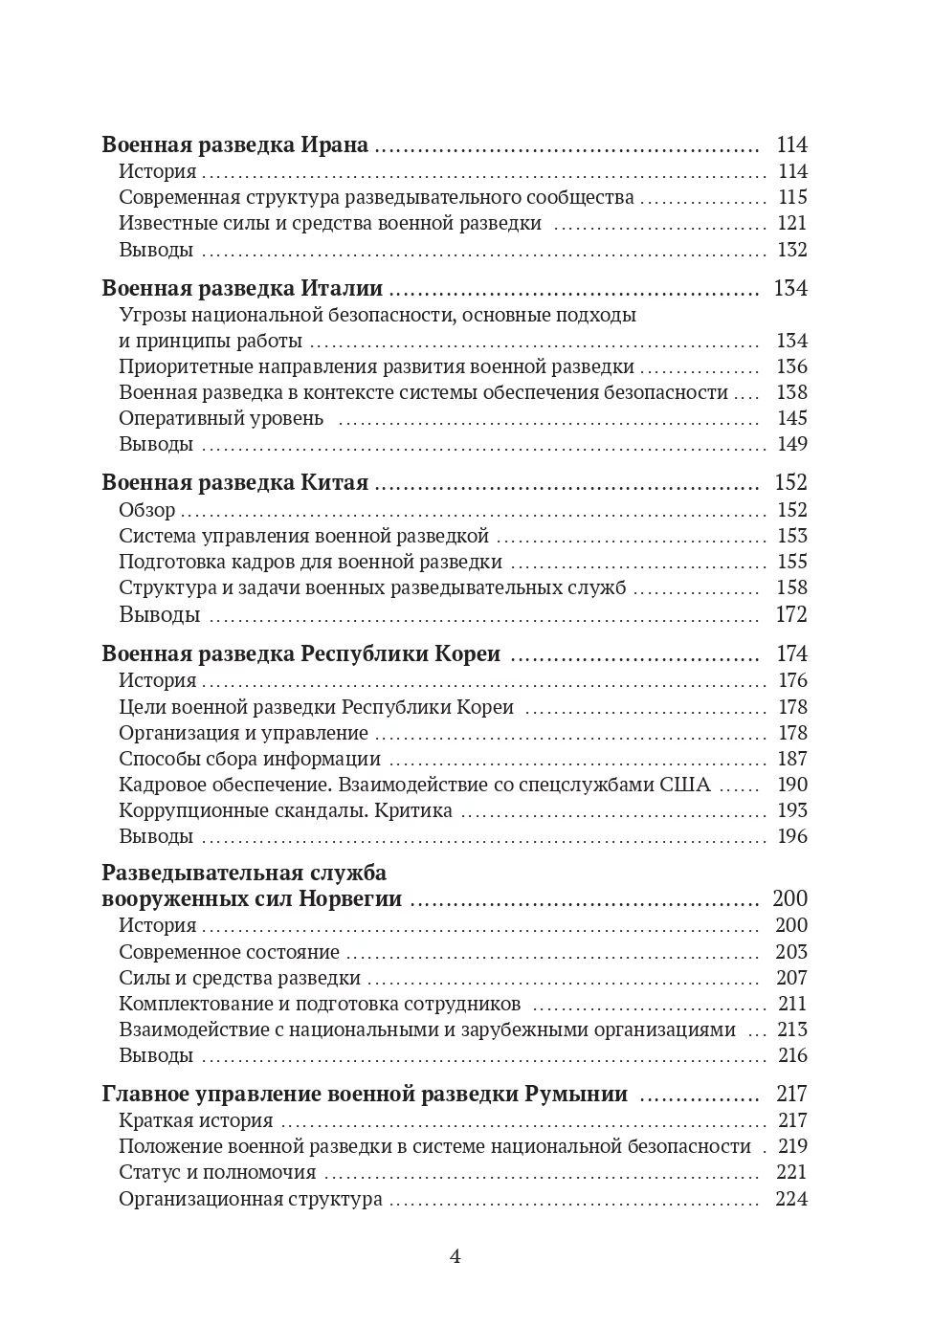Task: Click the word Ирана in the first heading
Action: [x=334, y=145]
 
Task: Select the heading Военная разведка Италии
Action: [x=242, y=289]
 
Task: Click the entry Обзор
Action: [x=147, y=510]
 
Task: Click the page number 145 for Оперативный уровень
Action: [x=792, y=419]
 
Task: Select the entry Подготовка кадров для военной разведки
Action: [x=310, y=563]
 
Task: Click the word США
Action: [x=685, y=786]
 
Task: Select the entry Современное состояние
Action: [x=229, y=953]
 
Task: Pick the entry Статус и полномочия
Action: [x=217, y=1173]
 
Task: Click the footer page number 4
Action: [x=455, y=1257]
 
